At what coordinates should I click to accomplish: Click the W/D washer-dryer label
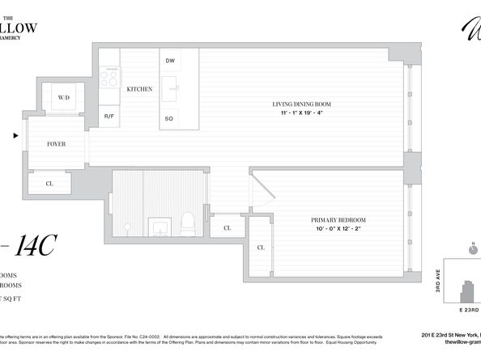63,100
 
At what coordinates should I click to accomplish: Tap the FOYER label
56,144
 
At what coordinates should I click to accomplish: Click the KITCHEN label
139,89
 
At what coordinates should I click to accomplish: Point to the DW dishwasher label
170,61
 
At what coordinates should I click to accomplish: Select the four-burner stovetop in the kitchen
109,77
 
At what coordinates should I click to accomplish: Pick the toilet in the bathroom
187,222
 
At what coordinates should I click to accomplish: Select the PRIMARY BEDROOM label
338,220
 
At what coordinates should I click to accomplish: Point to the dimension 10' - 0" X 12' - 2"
338,229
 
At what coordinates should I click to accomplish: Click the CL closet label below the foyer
49,184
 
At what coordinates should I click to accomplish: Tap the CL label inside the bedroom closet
261,248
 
